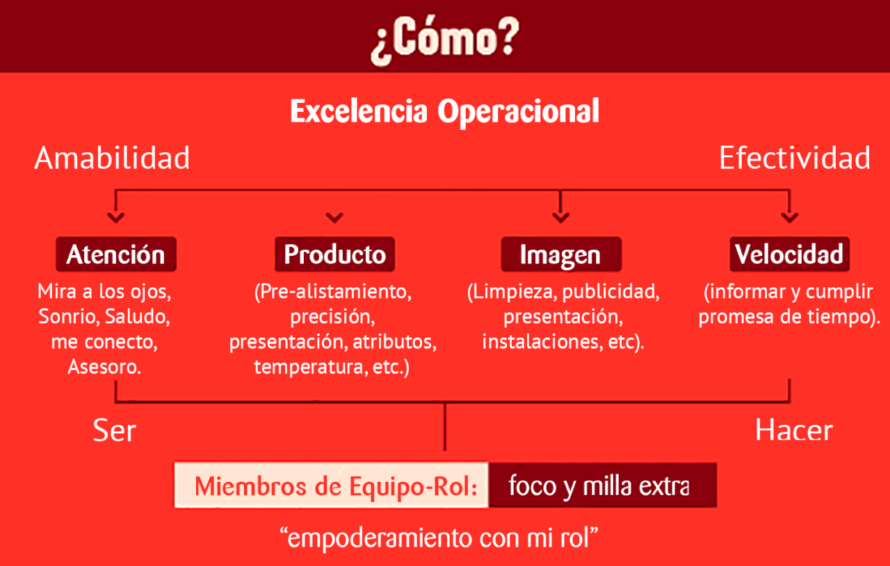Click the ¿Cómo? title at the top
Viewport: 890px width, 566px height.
click(445, 40)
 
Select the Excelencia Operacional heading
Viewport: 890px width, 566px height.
click(444, 112)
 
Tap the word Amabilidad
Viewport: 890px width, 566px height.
click(112, 159)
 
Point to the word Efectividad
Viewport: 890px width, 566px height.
click(795, 159)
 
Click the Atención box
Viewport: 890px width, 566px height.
click(116, 254)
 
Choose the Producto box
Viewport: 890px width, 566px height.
click(335, 254)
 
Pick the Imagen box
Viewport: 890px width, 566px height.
click(561, 254)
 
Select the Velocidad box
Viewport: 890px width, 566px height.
click(789, 254)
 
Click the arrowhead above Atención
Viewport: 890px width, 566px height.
click(115, 218)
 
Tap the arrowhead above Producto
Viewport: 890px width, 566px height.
click(334, 218)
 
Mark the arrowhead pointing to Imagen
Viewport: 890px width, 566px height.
click(560, 218)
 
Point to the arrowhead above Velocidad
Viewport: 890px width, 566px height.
click(789, 218)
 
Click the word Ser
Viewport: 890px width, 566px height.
click(115, 430)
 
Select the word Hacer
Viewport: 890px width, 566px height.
click(794, 430)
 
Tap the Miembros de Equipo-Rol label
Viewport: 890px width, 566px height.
click(336, 487)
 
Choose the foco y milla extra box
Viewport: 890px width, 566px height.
click(603, 485)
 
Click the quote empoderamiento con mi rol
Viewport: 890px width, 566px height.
click(439, 538)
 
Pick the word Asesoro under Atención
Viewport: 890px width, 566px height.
click(104, 366)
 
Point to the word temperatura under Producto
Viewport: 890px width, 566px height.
click(308, 367)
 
